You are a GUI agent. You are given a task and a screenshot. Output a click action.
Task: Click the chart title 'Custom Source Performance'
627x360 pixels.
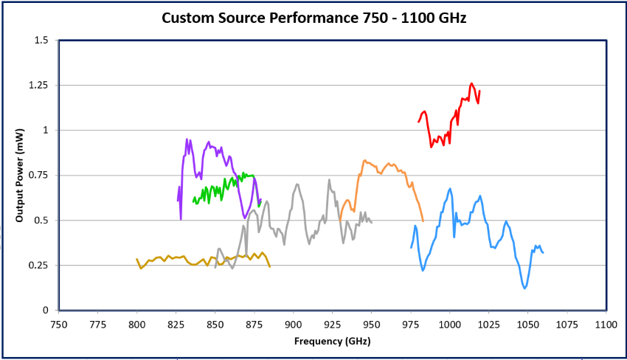click(313, 17)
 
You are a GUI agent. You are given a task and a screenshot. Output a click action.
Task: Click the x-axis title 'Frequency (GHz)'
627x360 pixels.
click(332, 341)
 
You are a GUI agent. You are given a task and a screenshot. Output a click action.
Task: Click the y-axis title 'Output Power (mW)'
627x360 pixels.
click(20, 176)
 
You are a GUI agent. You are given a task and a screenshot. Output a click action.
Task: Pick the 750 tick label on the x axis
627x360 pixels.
click(59, 323)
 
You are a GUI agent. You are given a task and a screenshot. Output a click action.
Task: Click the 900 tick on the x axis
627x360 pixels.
click(294, 323)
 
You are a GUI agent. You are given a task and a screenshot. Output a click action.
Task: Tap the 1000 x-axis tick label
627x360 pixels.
click(449, 323)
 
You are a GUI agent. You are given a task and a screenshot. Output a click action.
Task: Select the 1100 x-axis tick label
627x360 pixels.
click(606, 323)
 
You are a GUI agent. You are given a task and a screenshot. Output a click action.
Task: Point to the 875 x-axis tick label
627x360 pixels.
click(254, 323)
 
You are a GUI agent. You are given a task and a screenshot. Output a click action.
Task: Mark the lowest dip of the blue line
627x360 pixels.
click(524, 288)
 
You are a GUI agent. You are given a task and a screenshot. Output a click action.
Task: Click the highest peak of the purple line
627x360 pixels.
click(187, 139)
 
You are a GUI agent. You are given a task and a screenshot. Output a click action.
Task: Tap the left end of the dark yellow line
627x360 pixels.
click(136, 259)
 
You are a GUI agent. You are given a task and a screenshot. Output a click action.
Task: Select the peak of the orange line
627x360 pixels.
click(364, 159)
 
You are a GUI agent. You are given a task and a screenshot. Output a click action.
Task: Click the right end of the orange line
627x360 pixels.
click(423, 221)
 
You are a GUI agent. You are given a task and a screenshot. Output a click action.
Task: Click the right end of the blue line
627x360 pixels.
click(543, 253)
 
